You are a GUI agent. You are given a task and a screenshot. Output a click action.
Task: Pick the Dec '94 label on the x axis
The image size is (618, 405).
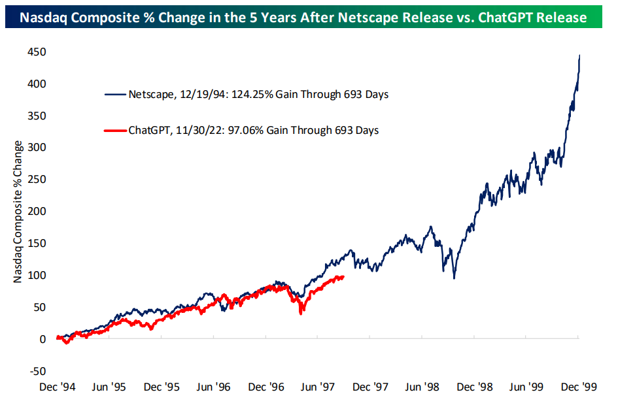[57, 387]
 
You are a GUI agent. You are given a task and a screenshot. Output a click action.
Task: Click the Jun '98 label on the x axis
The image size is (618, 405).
[422, 387]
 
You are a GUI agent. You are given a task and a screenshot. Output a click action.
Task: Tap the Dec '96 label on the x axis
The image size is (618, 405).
[266, 387]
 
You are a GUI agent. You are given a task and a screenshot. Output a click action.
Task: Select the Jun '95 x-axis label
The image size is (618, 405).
[109, 387]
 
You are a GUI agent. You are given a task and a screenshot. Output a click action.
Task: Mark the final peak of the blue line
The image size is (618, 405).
[579, 56]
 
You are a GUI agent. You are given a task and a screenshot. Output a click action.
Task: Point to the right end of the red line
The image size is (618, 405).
[344, 276]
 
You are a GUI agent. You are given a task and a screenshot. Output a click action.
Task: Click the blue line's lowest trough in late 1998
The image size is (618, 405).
[453, 278]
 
